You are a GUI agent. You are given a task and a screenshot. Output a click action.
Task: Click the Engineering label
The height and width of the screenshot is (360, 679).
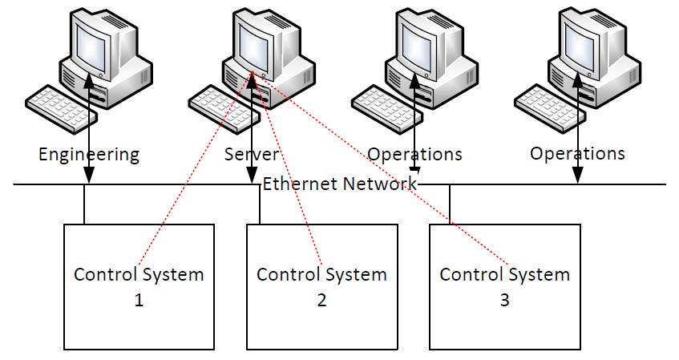[88, 154]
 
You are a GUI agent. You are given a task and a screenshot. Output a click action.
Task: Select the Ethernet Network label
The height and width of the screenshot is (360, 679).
[340, 184]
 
